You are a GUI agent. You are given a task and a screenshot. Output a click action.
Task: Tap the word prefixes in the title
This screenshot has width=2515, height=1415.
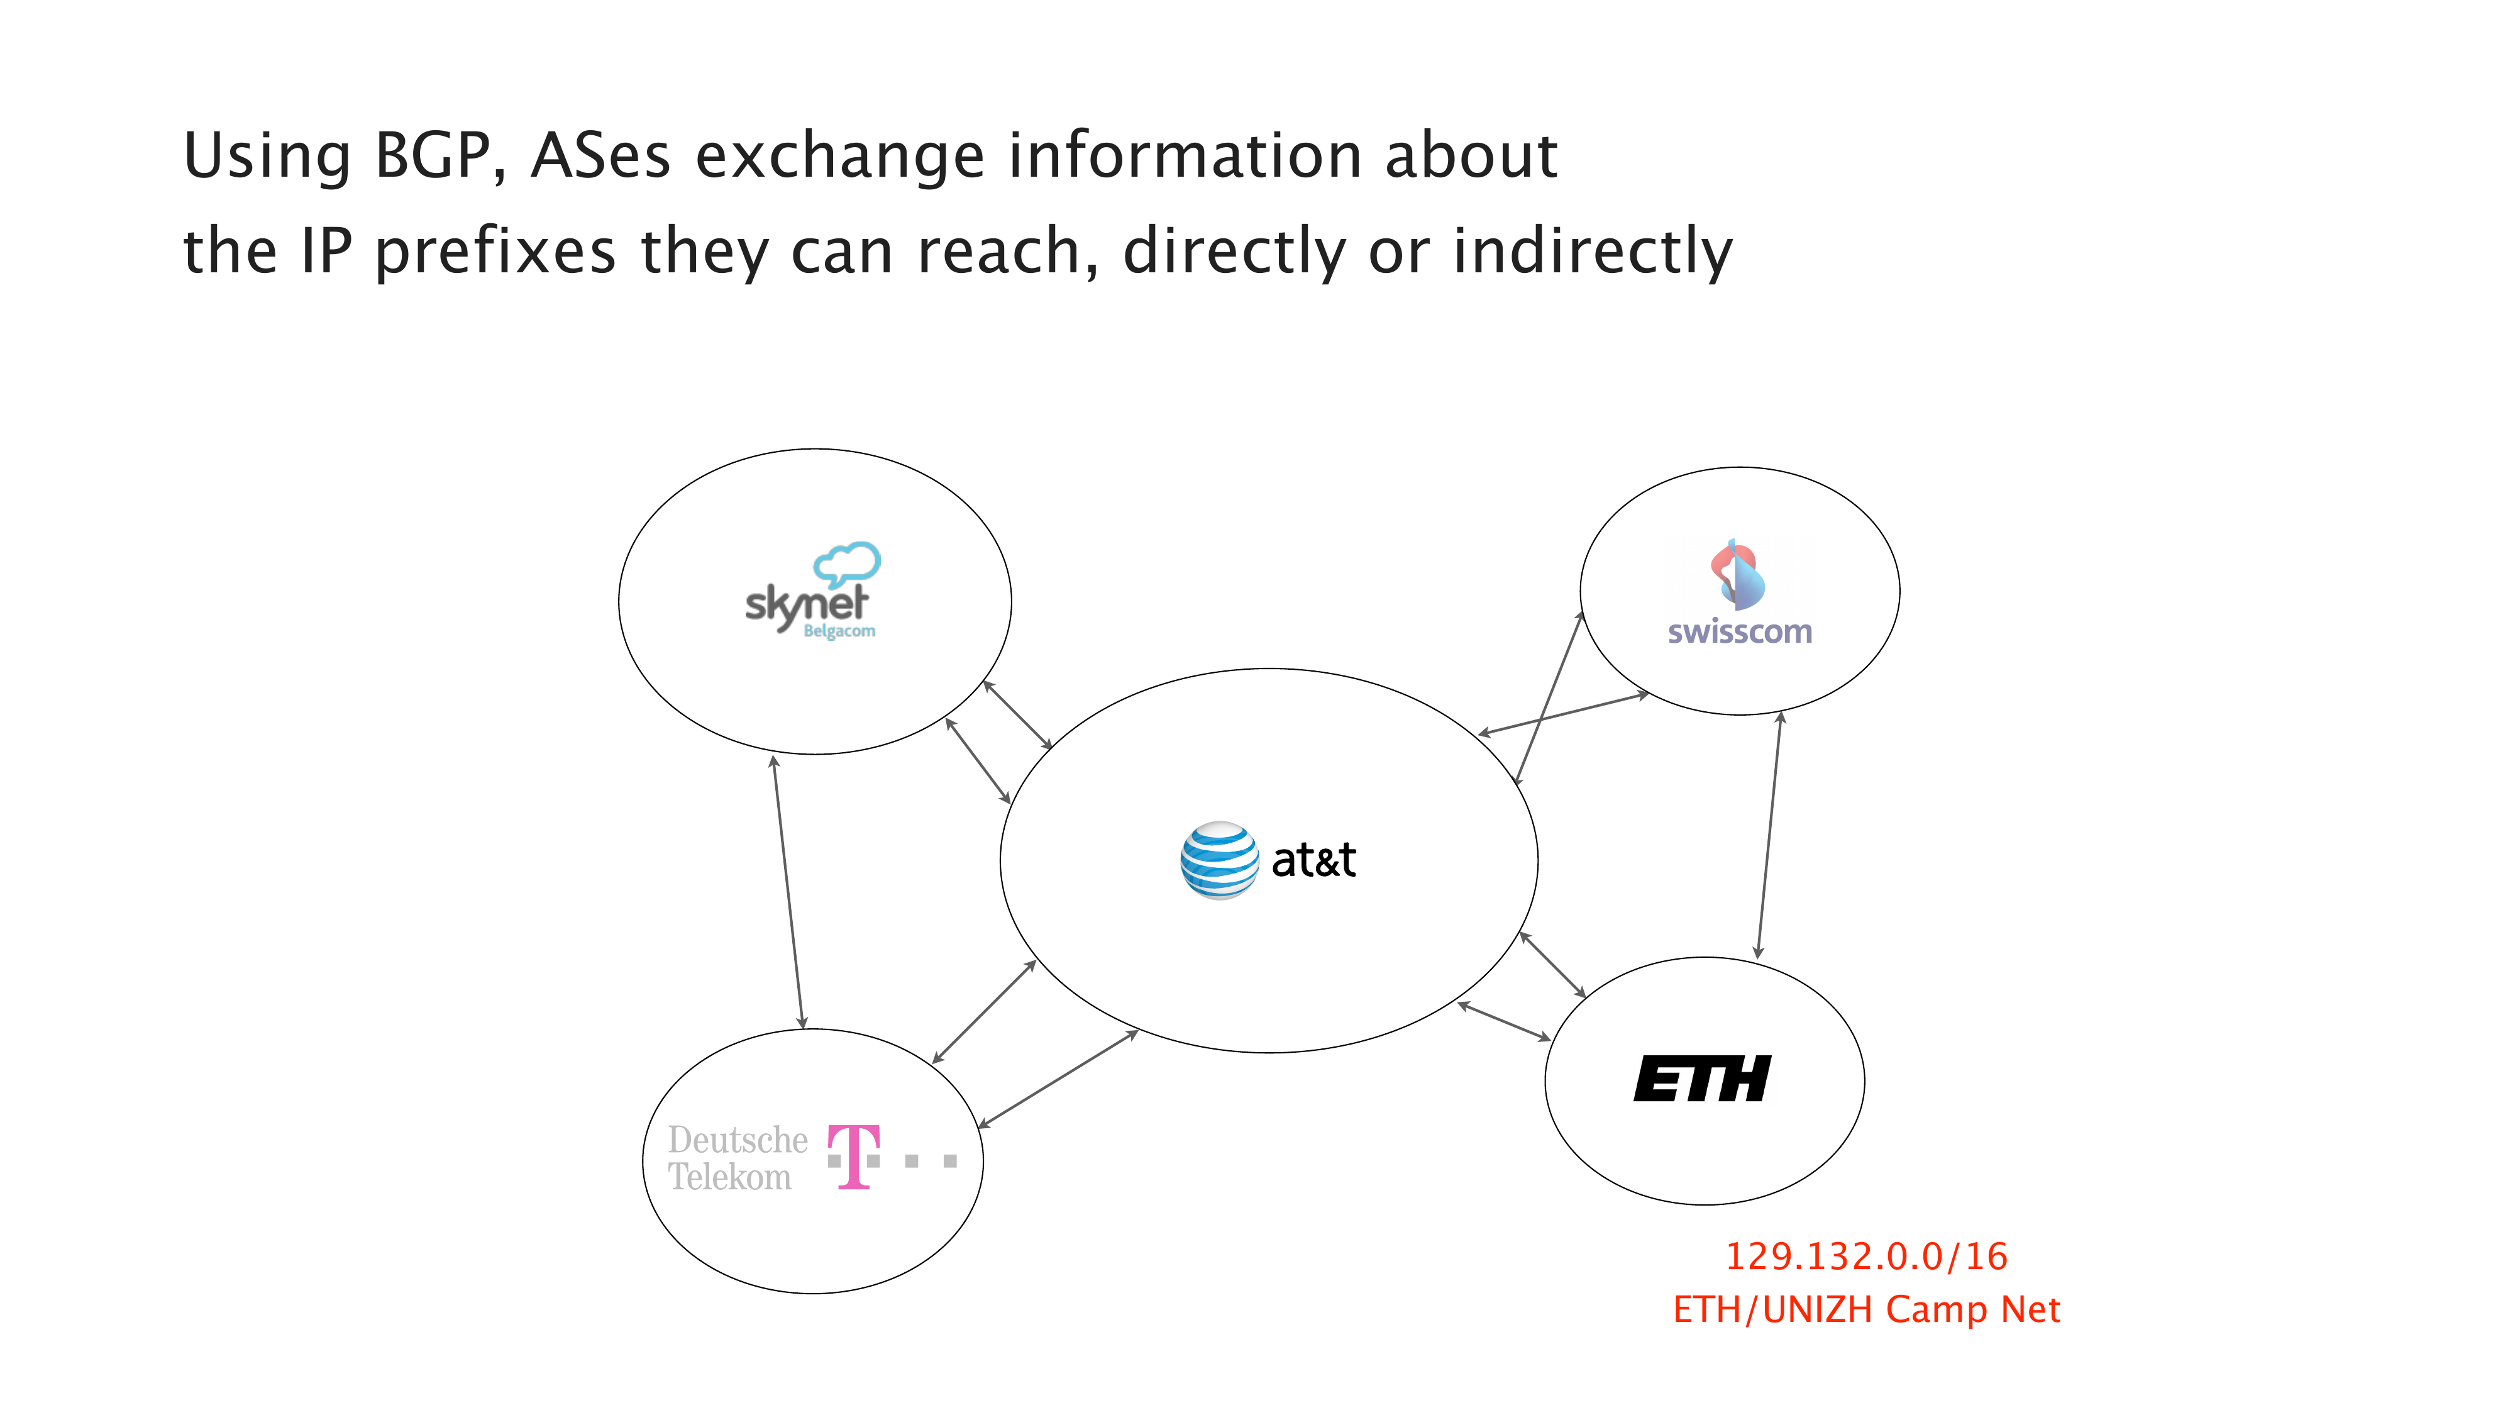[x=496, y=252]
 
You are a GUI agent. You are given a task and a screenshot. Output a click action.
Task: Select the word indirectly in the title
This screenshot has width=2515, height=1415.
[x=1593, y=252]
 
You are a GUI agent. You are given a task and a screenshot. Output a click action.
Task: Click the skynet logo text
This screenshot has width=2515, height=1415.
[x=805, y=604]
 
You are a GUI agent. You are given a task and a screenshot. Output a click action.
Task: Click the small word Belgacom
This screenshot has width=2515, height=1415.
[x=839, y=632]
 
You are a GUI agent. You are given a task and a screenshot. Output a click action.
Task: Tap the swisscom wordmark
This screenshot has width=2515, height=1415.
[x=1740, y=632]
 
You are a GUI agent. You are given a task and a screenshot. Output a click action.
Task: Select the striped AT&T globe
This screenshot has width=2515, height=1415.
[x=1219, y=860]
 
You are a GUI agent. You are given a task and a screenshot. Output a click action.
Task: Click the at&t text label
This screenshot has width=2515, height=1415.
[x=1313, y=860]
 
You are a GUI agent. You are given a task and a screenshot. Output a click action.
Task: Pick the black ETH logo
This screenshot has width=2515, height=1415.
[x=1702, y=1079]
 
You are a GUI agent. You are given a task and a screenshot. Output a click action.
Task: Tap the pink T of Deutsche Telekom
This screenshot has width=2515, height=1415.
[x=854, y=1157]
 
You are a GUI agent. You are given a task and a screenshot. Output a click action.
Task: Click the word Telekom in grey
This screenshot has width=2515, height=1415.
[x=729, y=1178]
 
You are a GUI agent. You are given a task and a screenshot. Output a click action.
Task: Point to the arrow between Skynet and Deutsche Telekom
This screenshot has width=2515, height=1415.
[x=788, y=892]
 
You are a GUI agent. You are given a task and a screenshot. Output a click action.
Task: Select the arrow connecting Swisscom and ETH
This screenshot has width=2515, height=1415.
[x=1769, y=835]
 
